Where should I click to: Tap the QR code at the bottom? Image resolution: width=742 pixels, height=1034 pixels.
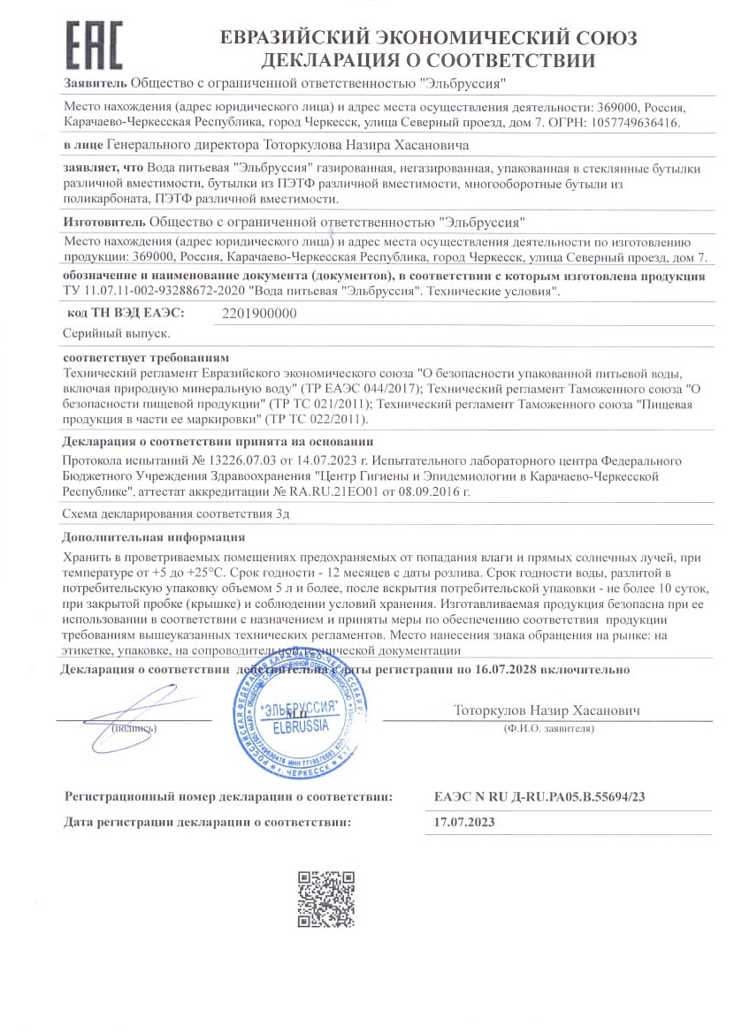click(325, 900)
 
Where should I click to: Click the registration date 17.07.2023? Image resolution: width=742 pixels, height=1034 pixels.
click(464, 822)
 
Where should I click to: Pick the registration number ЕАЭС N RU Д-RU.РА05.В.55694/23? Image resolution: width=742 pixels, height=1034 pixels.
click(539, 797)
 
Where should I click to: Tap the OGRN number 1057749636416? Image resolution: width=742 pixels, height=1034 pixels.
click(638, 123)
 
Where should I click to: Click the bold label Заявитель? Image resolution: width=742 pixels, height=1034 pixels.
click(96, 84)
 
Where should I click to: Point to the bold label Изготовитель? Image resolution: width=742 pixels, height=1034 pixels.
click(105, 222)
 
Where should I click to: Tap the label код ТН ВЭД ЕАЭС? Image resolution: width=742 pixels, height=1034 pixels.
click(126, 314)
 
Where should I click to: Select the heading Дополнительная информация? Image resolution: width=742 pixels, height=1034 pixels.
click(154, 536)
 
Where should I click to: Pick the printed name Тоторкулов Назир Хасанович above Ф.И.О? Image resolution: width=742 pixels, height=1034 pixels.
click(547, 710)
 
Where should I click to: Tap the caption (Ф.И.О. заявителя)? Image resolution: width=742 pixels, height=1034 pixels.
click(546, 728)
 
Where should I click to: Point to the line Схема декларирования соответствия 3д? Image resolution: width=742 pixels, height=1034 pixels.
click(177, 513)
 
